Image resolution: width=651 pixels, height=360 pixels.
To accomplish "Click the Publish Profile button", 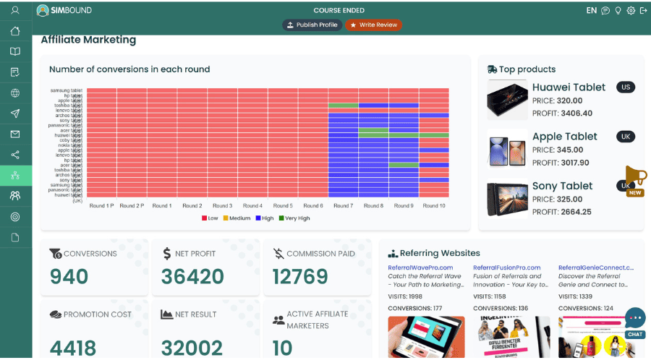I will (312, 25).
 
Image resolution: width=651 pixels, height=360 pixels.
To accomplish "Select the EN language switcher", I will (591, 11).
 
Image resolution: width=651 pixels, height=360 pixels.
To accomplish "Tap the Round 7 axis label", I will (344, 206).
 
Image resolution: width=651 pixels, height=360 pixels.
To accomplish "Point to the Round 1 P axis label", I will (102, 206).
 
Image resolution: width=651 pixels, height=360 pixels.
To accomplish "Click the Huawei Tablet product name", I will (569, 87).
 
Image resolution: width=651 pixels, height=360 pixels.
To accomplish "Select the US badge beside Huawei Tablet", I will (626, 87).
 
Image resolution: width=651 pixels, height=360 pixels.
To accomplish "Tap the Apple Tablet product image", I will (508, 149).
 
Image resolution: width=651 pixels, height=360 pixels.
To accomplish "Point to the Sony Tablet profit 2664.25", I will (562, 212).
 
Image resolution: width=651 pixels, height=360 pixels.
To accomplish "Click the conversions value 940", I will (69, 277).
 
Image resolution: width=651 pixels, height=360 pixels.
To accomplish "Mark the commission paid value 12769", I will (299, 277).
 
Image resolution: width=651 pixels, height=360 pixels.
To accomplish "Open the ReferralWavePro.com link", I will (420, 267).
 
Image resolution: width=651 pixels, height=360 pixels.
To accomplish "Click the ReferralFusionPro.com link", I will (506, 267).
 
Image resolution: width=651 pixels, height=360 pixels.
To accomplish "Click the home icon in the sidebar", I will (15, 31).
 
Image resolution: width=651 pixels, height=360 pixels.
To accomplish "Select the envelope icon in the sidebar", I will (15, 134).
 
